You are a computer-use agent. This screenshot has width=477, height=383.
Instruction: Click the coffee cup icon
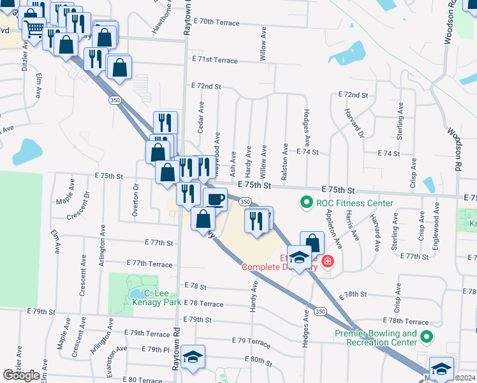point(215,199)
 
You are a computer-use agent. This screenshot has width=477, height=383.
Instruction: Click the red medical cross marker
point(327,261)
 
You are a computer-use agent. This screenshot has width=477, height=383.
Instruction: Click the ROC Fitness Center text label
point(354,204)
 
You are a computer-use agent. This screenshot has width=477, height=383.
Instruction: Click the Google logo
point(21,375)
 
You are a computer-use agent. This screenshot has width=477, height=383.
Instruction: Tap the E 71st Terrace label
point(214,60)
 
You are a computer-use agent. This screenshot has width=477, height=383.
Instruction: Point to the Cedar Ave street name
point(201,117)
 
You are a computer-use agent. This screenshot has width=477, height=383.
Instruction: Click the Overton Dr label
point(135,200)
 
